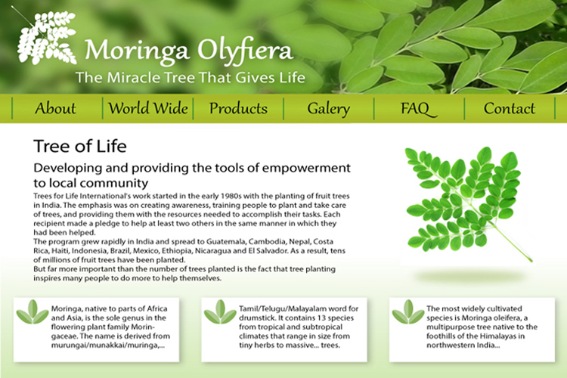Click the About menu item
pos(55,109)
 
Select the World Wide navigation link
pos(148,108)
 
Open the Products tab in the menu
pos(238,109)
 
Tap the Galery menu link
pos(329,109)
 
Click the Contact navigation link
pos(509,109)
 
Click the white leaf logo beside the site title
pos(47,38)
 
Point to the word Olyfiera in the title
pos(245,51)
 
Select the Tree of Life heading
pos(80,147)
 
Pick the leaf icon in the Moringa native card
pos(33,311)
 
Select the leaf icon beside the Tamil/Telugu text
pos(220,311)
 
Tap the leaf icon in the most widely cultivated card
pos(408,311)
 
